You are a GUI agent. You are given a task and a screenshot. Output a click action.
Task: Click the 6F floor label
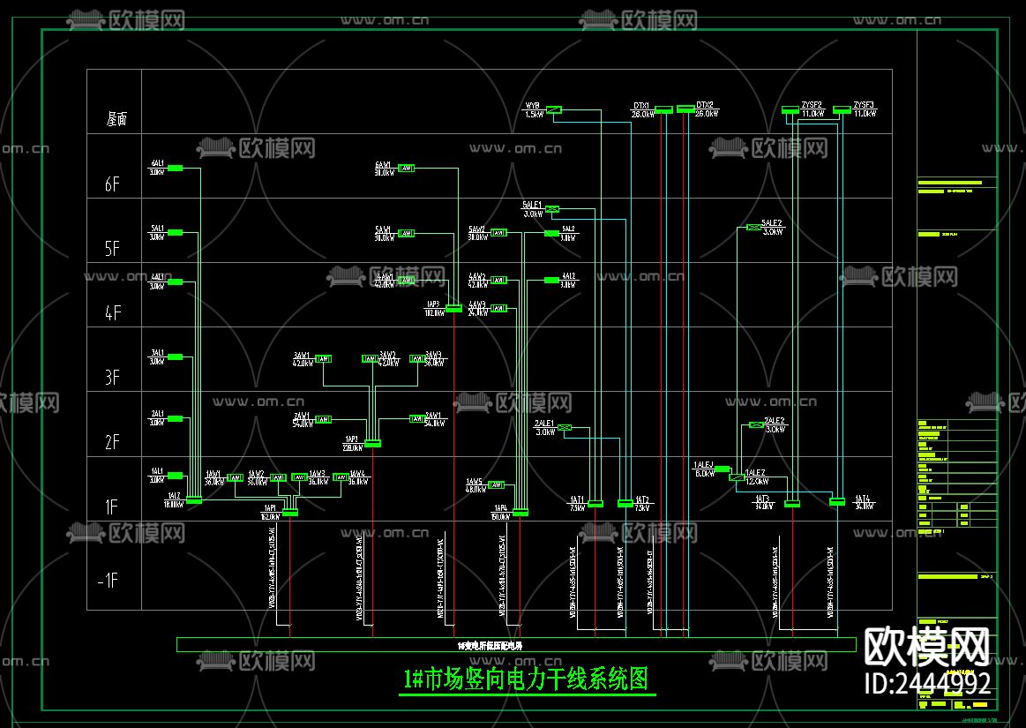[112, 184]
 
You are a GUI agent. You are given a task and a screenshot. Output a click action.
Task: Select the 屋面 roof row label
[116, 119]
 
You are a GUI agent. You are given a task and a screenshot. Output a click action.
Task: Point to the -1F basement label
[108, 580]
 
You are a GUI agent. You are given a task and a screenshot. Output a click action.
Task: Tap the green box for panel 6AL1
[175, 169]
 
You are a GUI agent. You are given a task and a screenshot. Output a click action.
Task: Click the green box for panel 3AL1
[175, 357]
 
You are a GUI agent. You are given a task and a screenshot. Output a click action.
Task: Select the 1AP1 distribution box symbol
[289, 512]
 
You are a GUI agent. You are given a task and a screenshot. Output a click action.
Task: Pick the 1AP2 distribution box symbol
[372, 443]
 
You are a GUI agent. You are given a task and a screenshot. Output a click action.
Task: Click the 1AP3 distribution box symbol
[453, 308]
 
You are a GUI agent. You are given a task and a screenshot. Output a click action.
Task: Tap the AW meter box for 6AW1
[406, 169]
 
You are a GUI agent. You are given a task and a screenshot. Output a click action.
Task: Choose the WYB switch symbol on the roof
[553, 110]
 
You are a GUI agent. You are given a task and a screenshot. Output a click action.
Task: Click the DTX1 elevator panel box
[663, 109]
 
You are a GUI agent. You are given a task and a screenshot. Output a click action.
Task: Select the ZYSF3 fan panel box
[841, 109]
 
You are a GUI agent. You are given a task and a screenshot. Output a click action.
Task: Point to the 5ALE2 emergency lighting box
[753, 228]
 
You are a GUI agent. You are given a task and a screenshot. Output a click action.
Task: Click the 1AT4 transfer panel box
[836, 502]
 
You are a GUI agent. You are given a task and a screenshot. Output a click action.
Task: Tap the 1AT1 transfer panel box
[595, 504]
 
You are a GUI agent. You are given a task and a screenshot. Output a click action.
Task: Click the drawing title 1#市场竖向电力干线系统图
[527, 679]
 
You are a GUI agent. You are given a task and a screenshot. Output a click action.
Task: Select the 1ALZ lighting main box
[194, 500]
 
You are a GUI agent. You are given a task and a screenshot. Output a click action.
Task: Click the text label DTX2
[705, 104]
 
